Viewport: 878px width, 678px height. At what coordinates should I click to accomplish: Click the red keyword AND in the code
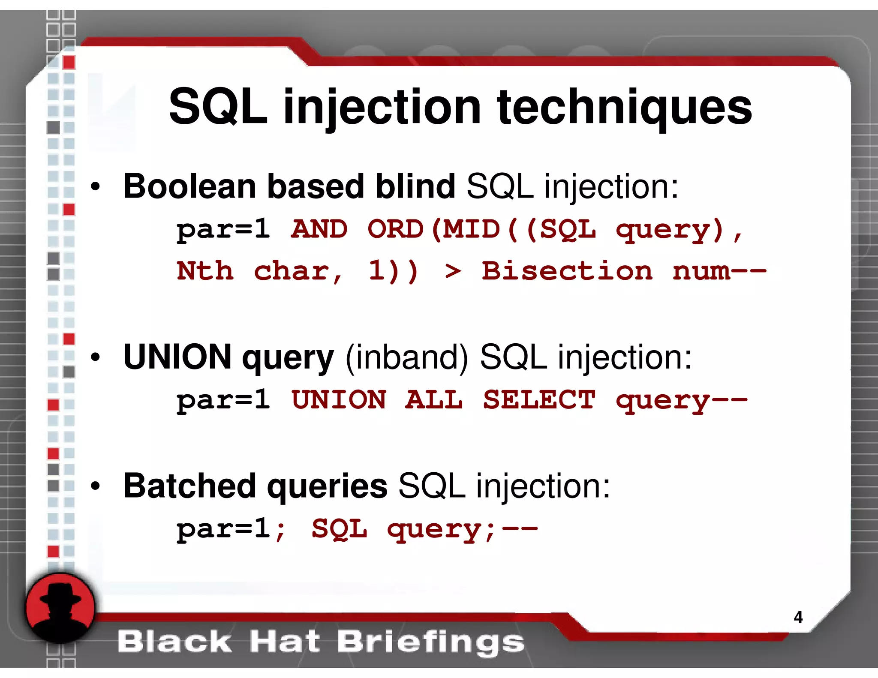319,229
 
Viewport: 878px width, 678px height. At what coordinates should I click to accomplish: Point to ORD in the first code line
395,229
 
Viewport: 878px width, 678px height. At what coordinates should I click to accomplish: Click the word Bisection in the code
567,271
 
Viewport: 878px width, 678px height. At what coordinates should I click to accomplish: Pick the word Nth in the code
205,271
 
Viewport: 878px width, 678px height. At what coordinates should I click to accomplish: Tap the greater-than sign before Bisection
453,272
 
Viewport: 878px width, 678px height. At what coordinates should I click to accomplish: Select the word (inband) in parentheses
406,357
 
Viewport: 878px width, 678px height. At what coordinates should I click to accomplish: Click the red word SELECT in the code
539,400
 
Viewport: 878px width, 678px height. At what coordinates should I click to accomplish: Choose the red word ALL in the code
434,400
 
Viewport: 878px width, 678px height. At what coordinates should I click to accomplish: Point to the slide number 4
798,617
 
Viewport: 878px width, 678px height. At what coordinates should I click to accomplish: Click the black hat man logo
60,608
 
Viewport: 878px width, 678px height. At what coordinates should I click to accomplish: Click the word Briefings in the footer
430,642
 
